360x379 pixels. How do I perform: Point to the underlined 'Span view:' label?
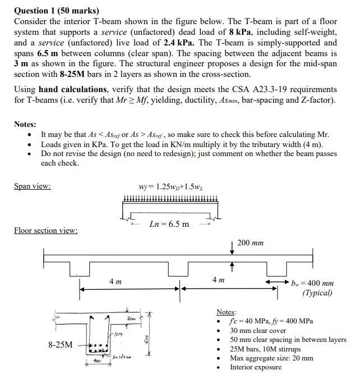pyautogui.click(x=32, y=186)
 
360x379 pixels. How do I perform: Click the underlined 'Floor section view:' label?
pyautogui.click(x=45, y=230)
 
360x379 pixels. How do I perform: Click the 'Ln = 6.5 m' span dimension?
pyautogui.click(x=169, y=225)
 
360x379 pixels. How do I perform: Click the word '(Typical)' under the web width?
pyautogui.click(x=317, y=293)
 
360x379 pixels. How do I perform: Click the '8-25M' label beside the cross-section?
pyautogui.click(x=61, y=344)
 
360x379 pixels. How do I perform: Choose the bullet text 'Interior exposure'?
pyautogui.click(x=256, y=367)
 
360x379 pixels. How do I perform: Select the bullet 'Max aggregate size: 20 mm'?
pyautogui.click(x=271, y=358)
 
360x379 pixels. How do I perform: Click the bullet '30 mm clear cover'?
pyautogui.click(x=258, y=330)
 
